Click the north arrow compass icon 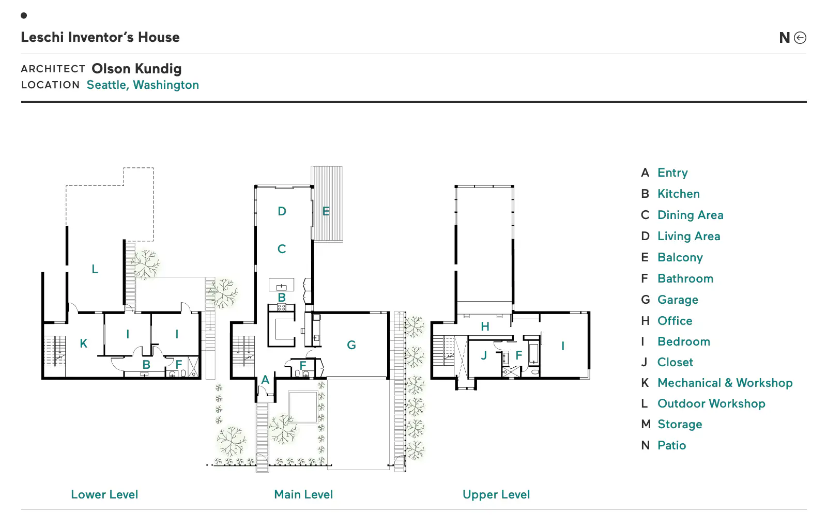800,38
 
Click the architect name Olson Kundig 136,69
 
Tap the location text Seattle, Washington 143,85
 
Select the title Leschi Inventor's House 100,37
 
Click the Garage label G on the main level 351,345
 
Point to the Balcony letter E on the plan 326,211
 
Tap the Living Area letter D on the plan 282,211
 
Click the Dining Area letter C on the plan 282,249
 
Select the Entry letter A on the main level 265,380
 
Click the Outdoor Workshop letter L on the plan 95,269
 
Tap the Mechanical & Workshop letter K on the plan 84,344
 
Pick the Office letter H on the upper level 485,326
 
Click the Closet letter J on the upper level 484,355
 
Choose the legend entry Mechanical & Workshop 725,383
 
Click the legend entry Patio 672,445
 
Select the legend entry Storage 680,425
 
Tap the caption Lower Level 104,494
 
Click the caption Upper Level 496,494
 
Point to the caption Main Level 303,494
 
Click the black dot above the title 24,15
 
